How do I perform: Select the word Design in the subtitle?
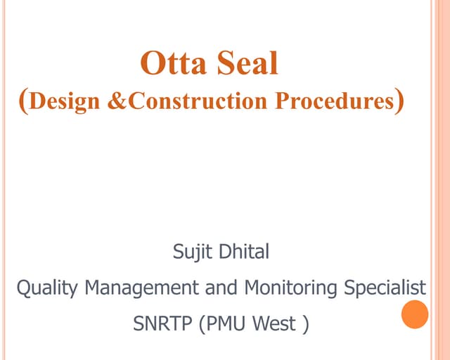tap(66, 101)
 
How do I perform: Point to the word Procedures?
tap(333, 101)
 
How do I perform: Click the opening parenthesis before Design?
tap(24, 101)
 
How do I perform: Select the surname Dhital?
tap(243, 251)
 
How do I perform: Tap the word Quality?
tap(43, 288)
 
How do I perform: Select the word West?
tap(278, 325)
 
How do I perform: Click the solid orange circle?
tap(415, 314)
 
